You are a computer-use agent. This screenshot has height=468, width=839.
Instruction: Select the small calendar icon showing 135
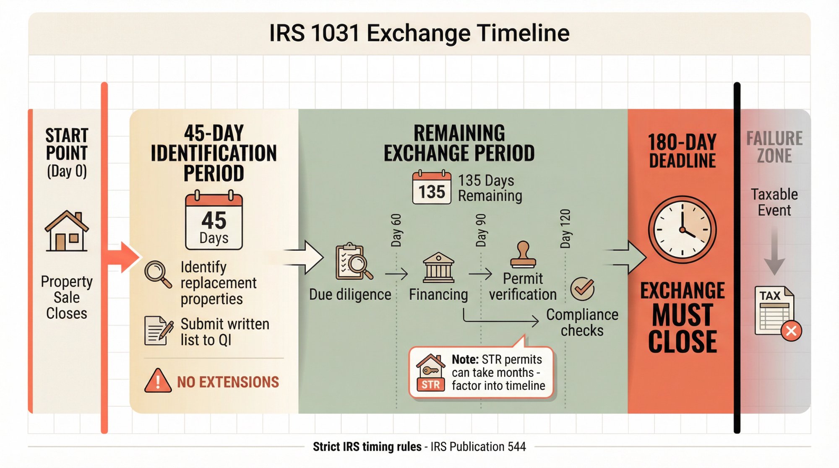click(x=432, y=188)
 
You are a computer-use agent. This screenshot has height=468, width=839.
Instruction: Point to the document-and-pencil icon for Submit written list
click(x=159, y=330)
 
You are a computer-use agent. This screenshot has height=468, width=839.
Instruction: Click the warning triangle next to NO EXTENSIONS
click(x=158, y=381)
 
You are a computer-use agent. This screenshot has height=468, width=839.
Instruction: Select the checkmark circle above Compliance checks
click(x=582, y=289)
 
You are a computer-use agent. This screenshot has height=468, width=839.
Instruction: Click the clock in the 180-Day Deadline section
click(x=682, y=230)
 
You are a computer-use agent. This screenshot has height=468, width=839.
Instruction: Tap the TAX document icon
click(x=774, y=311)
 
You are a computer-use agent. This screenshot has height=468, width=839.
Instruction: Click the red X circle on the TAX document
click(x=791, y=331)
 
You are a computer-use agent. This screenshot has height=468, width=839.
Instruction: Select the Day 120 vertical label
click(x=565, y=229)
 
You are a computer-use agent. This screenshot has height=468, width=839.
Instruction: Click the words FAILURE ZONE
click(x=774, y=147)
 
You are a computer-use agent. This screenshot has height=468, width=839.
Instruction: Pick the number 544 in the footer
click(x=516, y=447)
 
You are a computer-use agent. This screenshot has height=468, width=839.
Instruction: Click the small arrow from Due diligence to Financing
click(x=396, y=274)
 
